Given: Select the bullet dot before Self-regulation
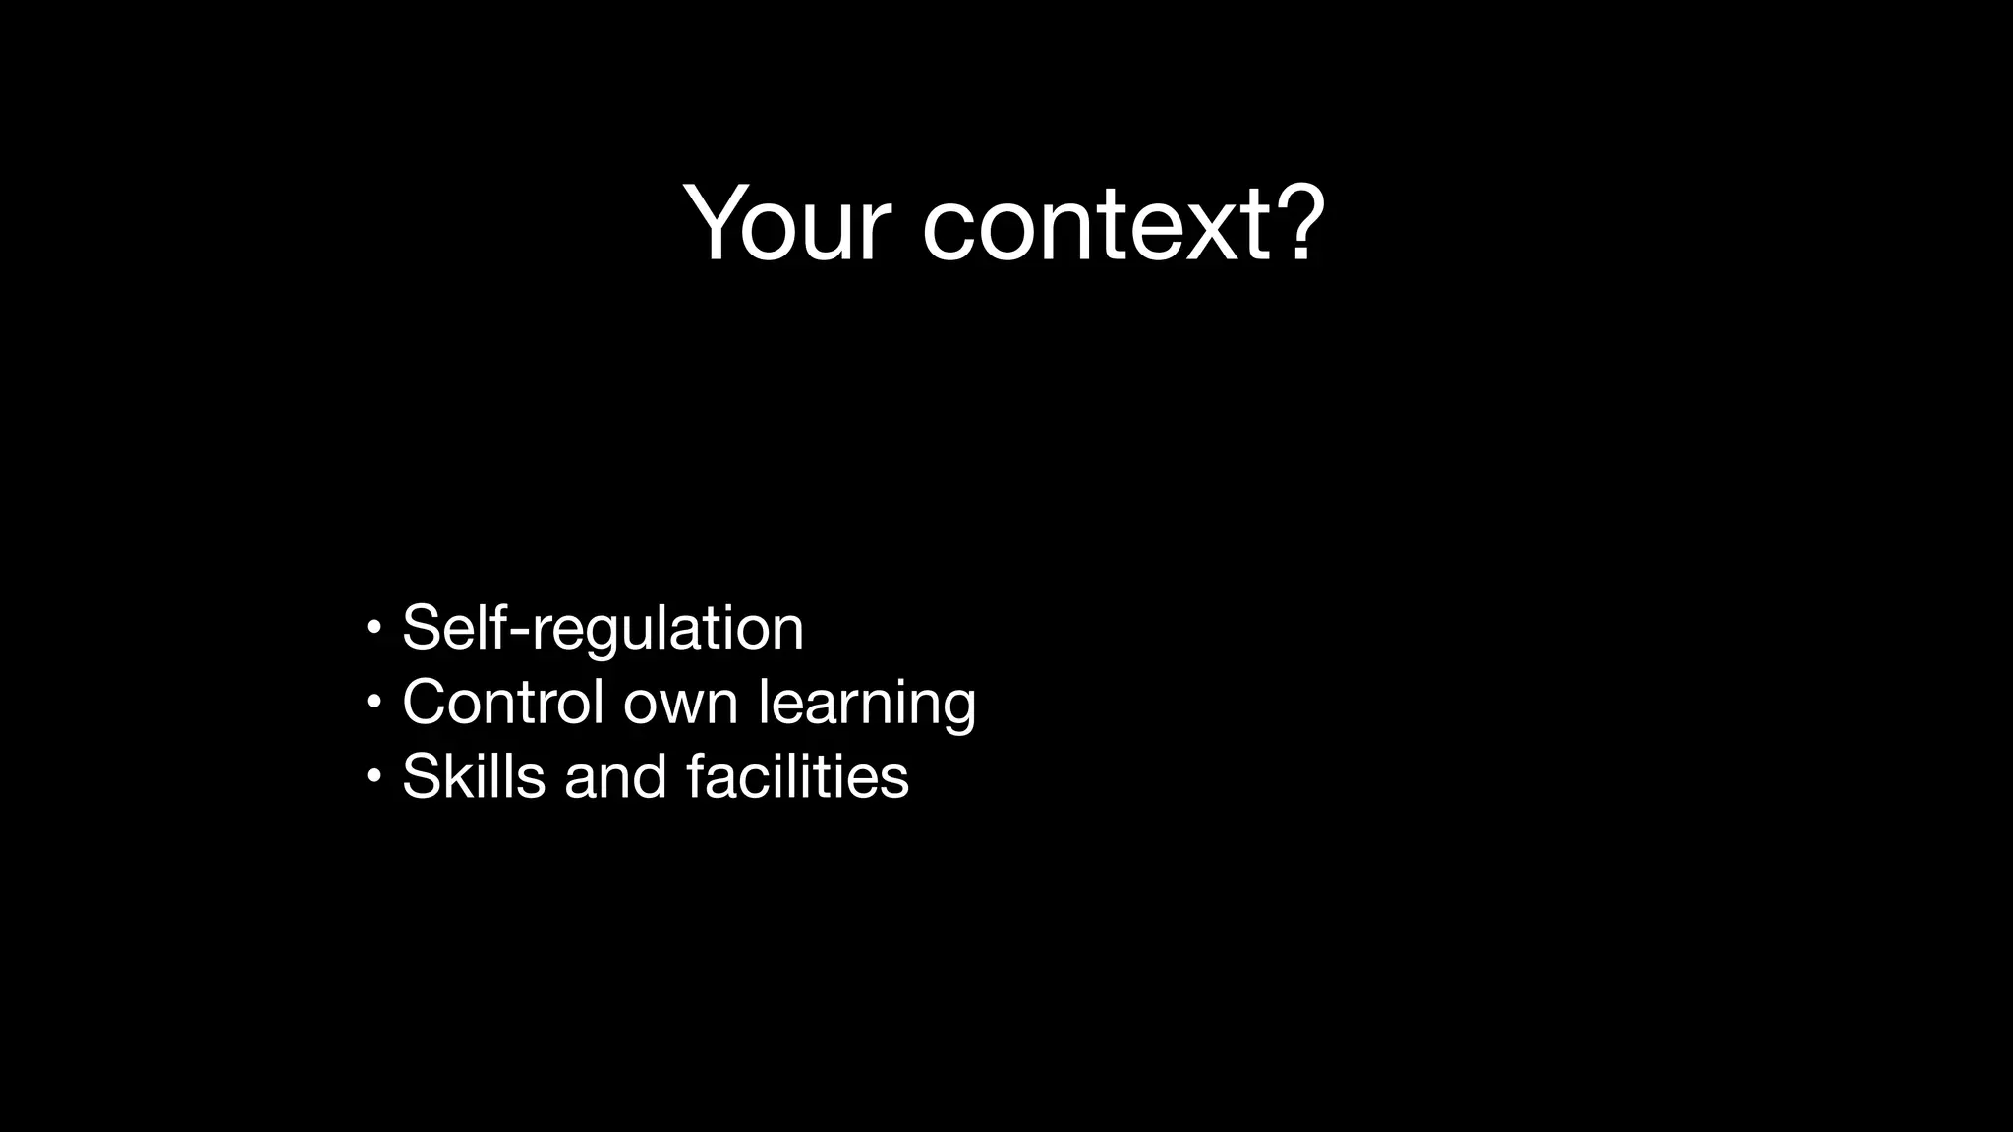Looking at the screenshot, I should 373,626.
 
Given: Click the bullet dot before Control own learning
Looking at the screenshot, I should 373,702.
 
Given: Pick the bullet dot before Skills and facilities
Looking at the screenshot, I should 373,776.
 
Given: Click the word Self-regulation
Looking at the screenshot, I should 603,628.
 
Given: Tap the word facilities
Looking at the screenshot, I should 797,776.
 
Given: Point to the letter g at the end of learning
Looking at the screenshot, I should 957,709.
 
